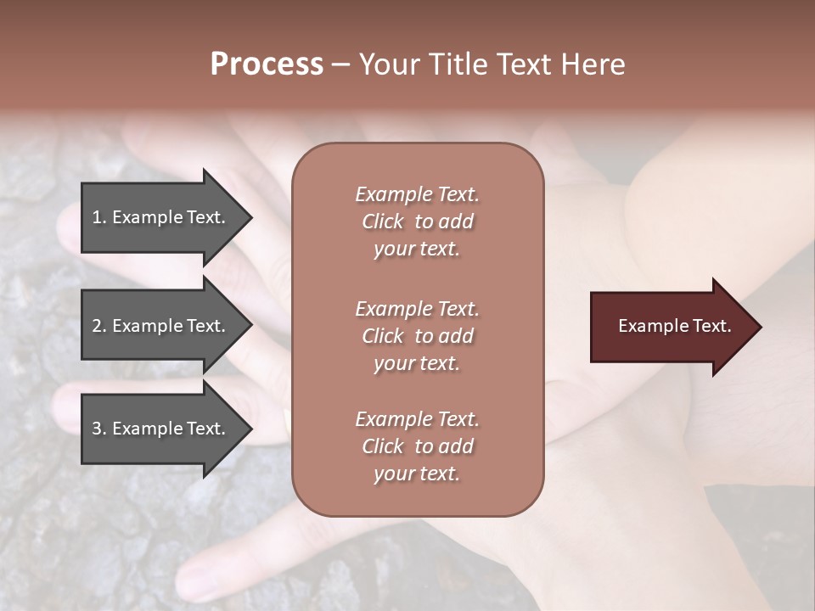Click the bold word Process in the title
tap(267, 64)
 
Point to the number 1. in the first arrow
tap(98, 217)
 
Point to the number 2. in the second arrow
tap(98, 326)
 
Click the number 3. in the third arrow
tap(98, 429)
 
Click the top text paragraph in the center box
tap(417, 221)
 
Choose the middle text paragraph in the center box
tap(417, 336)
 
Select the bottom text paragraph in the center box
tap(417, 446)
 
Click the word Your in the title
tap(390, 64)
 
